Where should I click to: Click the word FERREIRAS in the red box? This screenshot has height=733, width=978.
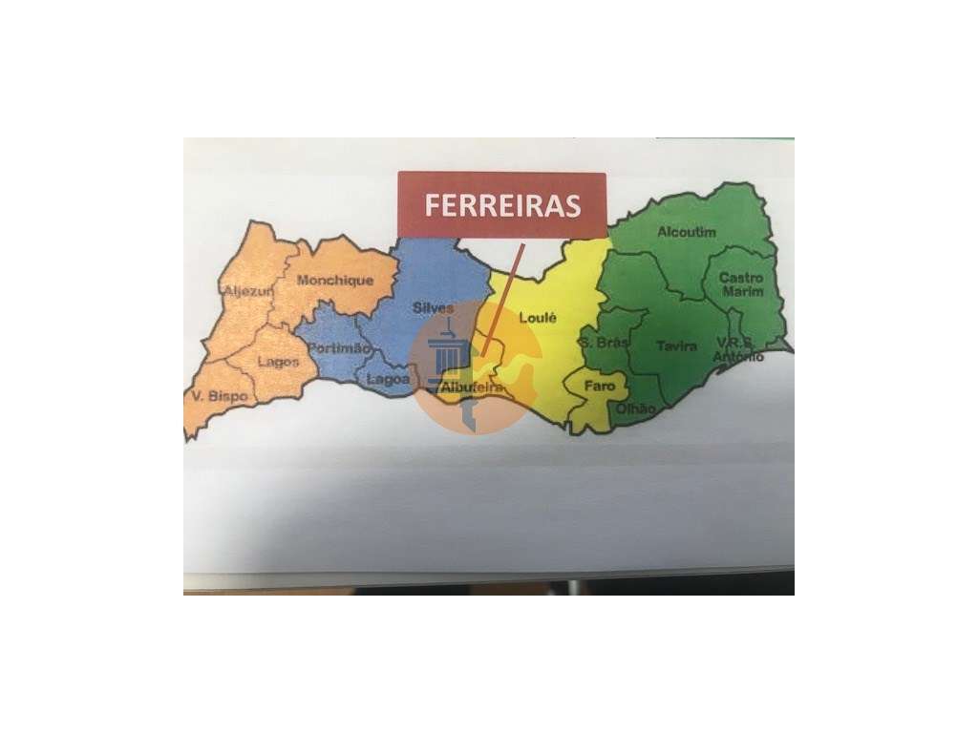pos(501,205)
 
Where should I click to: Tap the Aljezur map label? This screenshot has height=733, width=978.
pos(247,289)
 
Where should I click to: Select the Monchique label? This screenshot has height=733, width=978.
pos(333,281)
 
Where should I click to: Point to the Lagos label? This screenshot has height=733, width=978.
pos(278,363)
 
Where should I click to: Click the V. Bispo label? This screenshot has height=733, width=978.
pos(220,395)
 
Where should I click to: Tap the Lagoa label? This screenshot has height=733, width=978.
pos(388,379)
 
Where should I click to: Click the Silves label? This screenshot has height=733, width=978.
pos(433,307)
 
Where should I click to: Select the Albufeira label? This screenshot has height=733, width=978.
pos(472,387)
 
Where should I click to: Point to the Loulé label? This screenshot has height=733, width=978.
pos(537,319)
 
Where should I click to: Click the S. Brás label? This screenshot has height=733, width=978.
pos(604,343)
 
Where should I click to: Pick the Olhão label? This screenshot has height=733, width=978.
pos(636,408)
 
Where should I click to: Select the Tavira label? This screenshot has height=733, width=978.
pos(676,346)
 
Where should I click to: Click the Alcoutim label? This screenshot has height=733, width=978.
pos(686,232)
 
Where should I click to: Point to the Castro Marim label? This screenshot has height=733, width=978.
pos(741,284)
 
